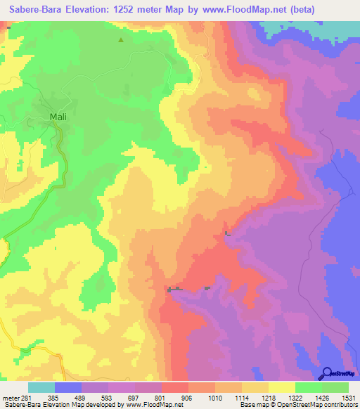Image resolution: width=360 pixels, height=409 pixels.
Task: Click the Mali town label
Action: (58, 117)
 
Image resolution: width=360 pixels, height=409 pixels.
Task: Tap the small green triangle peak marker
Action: (121, 40)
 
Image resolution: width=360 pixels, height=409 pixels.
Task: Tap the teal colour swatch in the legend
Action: (41, 387)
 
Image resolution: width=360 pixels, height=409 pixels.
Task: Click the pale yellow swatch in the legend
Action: (281, 387)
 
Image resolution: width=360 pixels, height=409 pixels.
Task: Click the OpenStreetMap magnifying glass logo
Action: (327, 373)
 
